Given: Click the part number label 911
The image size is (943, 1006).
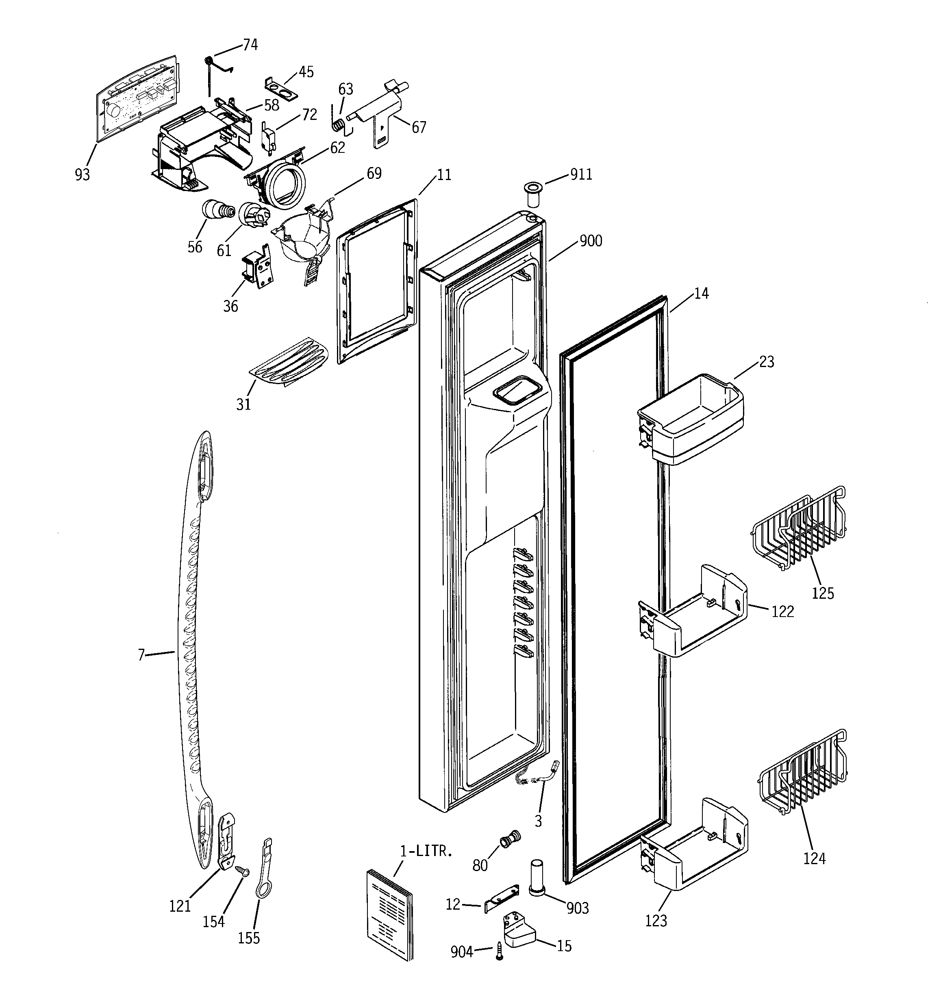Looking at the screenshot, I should click(581, 175).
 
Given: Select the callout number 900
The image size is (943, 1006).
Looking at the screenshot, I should click(590, 241).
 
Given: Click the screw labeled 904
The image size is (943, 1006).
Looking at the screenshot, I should click(500, 952).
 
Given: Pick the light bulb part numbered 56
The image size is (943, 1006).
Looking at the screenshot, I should click(217, 210).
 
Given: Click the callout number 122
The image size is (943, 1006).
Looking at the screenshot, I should click(782, 611).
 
